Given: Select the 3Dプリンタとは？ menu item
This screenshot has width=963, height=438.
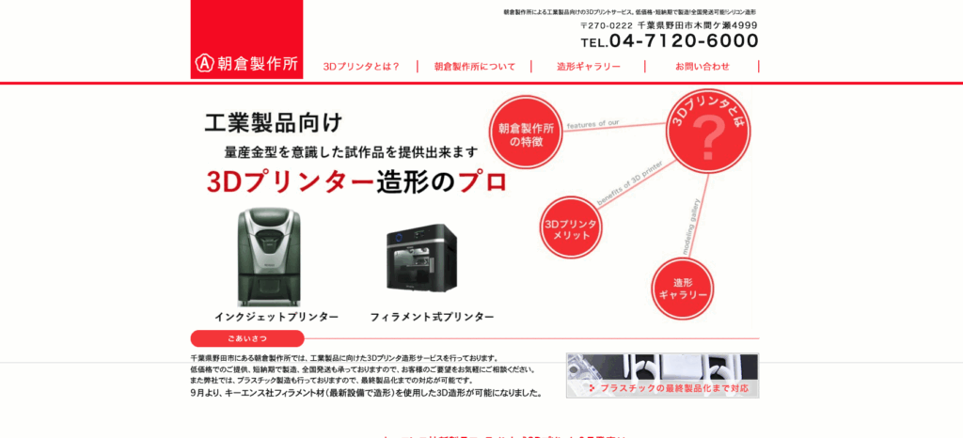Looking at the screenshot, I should click(361, 67).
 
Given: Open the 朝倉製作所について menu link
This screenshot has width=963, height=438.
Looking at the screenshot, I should click(475, 67).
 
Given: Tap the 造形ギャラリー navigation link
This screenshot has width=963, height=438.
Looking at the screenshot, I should click(589, 67).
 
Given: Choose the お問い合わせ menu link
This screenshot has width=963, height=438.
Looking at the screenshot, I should click(703, 67).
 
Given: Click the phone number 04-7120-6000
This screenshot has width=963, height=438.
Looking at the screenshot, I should click(684, 41).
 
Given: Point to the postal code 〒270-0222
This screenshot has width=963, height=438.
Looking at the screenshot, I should click(607, 25).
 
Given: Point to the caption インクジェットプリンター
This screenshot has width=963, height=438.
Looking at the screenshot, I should click(276, 318).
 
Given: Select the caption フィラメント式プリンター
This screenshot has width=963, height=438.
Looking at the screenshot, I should click(432, 318).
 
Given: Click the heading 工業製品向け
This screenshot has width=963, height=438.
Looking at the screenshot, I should click(274, 122).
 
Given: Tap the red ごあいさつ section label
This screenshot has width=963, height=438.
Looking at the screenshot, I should click(247, 338).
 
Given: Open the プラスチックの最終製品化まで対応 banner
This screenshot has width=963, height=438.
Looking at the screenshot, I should click(662, 376).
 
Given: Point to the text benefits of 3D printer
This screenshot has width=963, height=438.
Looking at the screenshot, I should click(630, 175).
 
